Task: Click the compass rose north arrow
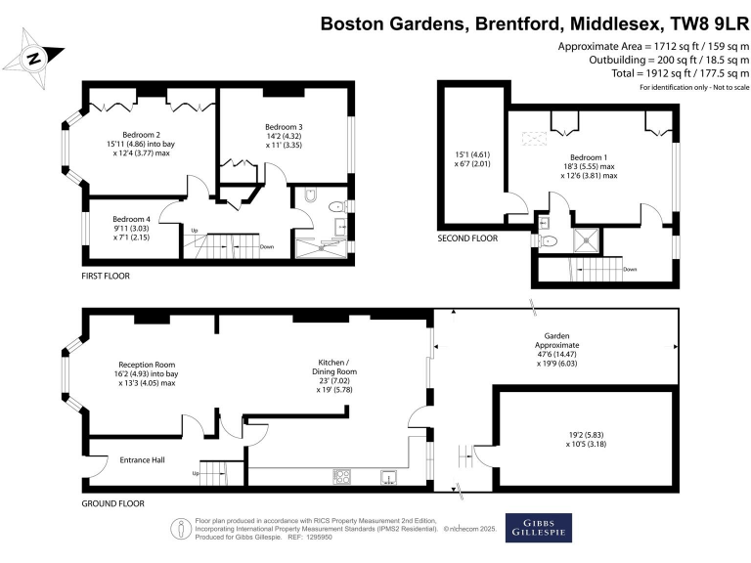(x=35, y=58)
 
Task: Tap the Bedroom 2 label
(x=141, y=134)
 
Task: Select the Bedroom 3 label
(x=284, y=127)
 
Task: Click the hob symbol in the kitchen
(x=344, y=477)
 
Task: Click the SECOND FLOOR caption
(x=467, y=238)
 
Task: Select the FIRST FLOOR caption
(x=106, y=276)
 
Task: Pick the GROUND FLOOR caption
(x=112, y=503)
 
